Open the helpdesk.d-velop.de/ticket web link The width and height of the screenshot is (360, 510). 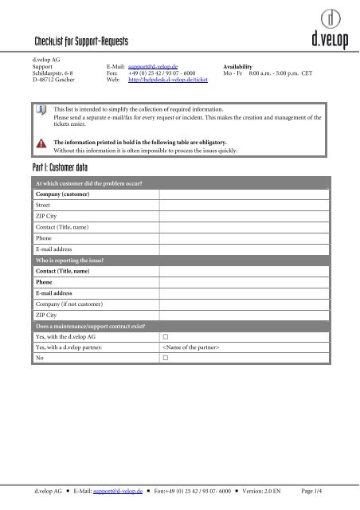pyautogui.click(x=168, y=80)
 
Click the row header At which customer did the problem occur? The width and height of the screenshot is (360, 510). pyautogui.click(x=88, y=183)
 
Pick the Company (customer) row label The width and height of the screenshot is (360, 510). pyautogui.click(x=62, y=194)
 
